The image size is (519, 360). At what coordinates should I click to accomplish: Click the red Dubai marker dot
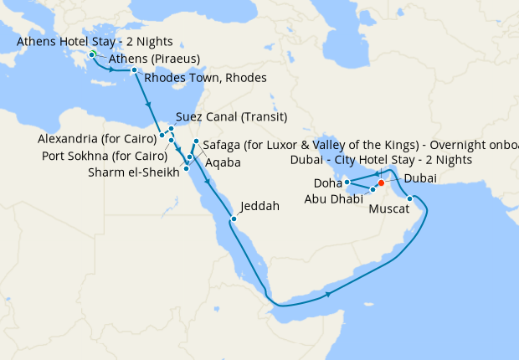click(381, 183)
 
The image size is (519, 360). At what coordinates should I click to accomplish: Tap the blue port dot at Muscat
click(410, 198)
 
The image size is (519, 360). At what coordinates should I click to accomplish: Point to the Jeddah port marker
click(234, 219)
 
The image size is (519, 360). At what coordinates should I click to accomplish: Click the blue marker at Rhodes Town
click(134, 70)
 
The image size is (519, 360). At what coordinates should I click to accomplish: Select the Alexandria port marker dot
click(162, 135)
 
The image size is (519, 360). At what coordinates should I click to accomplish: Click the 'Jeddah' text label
click(259, 205)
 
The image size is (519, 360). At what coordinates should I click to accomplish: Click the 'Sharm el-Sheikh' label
click(134, 173)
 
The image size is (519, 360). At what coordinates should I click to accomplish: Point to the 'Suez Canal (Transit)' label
click(232, 116)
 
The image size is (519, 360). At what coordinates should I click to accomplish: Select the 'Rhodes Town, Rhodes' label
click(205, 78)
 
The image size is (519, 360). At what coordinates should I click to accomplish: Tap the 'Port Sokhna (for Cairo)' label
click(104, 155)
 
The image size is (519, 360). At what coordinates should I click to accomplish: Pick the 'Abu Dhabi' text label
click(334, 199)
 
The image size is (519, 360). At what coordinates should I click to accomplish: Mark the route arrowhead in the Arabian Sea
click(329, 294)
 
